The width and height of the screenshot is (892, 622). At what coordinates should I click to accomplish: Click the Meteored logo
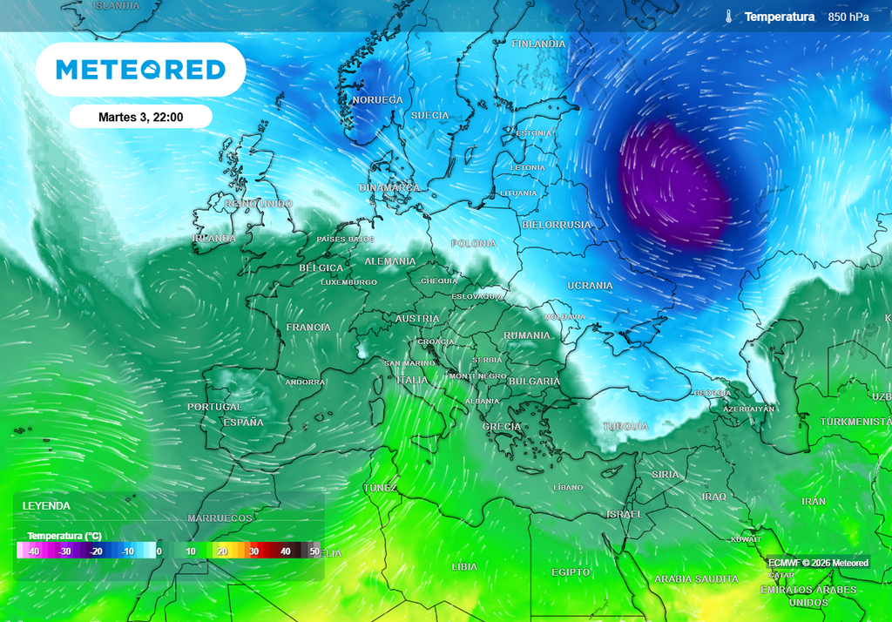(140, 70)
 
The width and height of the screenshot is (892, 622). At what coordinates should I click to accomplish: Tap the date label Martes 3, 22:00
(140, 117)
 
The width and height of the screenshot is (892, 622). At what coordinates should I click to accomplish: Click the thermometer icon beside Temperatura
(728, 17)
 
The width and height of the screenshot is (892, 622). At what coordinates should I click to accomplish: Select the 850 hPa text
(848, 17)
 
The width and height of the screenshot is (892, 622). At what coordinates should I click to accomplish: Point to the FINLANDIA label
(538, 44)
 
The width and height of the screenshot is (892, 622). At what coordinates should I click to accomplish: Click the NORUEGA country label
(377, 100)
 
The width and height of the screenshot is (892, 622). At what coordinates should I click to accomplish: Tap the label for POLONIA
(474, 244)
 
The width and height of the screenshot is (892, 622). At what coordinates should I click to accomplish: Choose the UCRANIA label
(590, 286)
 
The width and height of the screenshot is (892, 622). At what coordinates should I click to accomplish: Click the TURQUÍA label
(625, 426)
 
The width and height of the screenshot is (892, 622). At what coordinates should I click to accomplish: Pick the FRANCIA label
(308, 327)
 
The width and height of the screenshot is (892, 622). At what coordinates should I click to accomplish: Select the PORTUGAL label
(214, 407)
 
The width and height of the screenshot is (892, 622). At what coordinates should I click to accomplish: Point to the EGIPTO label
(571, 572)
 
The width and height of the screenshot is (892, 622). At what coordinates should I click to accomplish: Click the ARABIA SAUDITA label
(696, 579)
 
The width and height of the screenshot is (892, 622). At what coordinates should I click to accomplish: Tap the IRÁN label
(814, 502)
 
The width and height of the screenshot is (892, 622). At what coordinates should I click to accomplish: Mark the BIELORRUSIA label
(556, 225)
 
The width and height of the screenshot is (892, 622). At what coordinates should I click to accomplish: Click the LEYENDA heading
(46, 505)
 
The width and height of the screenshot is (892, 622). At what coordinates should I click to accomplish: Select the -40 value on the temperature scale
(33, 551)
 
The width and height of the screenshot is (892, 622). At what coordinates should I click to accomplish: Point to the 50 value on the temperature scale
(314, 551)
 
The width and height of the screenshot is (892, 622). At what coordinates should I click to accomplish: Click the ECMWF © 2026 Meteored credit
(818, 563)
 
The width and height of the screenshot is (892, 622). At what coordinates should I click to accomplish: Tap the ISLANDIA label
(115, 5)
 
